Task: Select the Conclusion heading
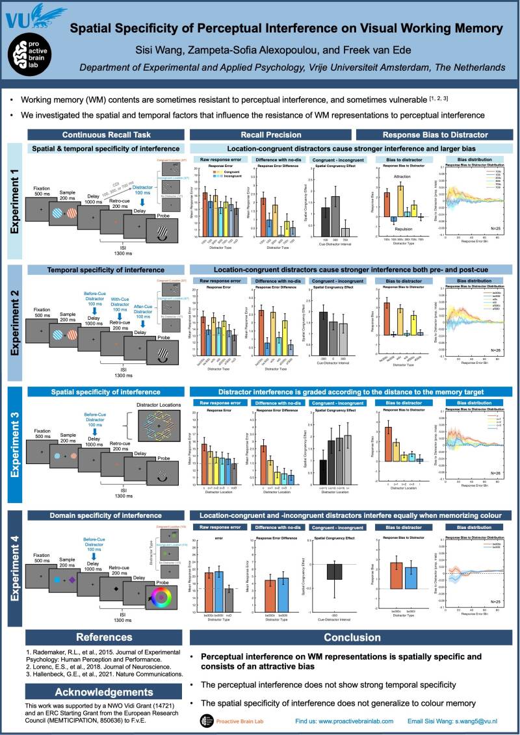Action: click(x=352, y=638)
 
